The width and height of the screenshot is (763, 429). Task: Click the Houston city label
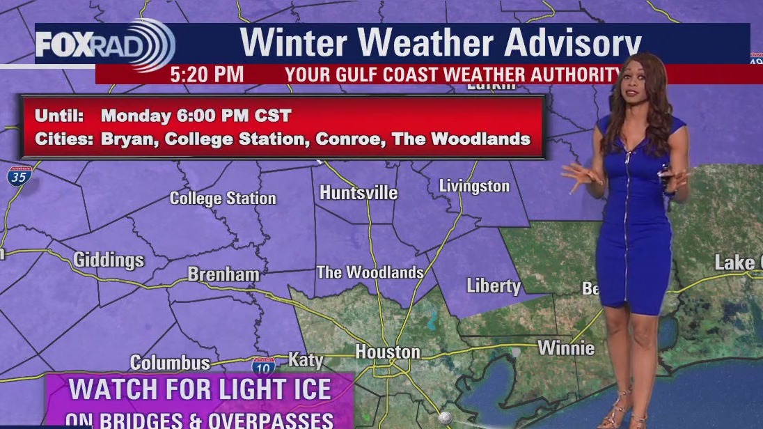pos(388,352)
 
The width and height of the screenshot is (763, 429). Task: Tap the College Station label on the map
pos(223,198)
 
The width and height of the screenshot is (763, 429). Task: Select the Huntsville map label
pos(359,193)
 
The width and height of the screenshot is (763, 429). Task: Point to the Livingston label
pos(474,186)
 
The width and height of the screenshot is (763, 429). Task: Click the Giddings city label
pos(109,260)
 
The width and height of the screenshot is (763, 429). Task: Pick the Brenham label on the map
pos(223,274)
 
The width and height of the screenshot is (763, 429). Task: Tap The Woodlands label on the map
pos(370,272)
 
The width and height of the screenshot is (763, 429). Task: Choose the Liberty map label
pos(493,286)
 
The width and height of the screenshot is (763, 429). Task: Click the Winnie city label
pos(566,348)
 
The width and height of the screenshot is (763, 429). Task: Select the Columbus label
pos(170,363)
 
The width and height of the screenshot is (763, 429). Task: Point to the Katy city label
pos(306,360)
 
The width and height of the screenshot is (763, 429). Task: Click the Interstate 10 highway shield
pos(263,365)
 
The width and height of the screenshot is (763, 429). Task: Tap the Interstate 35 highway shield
pos(19,175)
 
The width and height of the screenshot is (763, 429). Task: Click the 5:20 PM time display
pos(207,75)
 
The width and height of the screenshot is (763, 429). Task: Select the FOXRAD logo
pos(104,45)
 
